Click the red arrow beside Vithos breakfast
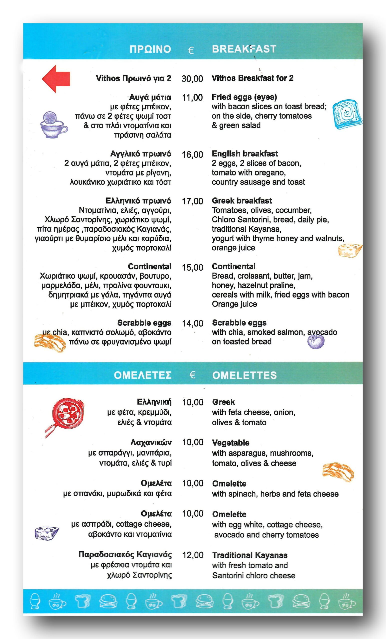point(56,79)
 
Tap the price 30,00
point(192,79)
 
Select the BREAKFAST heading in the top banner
point(244,49)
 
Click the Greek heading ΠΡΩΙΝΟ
point(150,49)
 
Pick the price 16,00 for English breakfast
point(192,155)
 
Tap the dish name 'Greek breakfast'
point(242,200)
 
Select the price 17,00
point(192,201)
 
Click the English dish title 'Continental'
point(234,266)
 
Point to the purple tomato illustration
point(316,341)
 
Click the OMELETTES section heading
point(245,375)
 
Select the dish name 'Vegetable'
point(231,443)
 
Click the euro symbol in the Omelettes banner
point(192,375)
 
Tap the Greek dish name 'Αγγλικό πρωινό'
point(141,154)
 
